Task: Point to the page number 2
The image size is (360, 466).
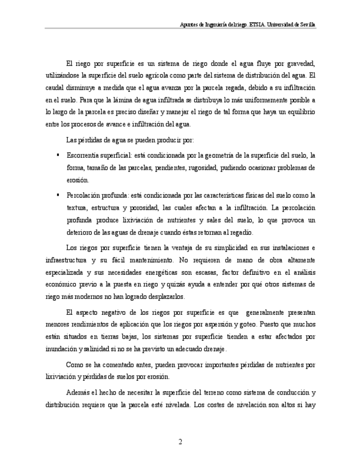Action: pyautogui.click(x=180, y=442)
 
